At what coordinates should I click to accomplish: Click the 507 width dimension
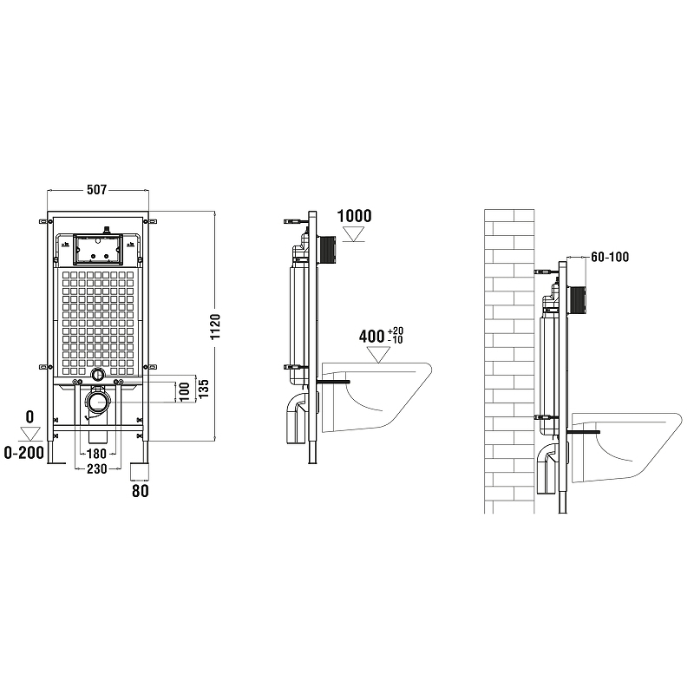tap(96, 190)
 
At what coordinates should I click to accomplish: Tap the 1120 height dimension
tap(215, 327)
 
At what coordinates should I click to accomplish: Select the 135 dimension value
tap(204, 389)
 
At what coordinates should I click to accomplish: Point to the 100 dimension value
tap(185, 392)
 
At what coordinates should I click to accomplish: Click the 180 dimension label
tap(96, 454)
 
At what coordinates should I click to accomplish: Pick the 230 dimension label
tap(96, 468)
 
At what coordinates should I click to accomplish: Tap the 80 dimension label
tap(141, 491)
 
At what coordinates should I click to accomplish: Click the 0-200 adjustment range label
tap(24, 453)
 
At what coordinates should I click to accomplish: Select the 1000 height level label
tap(355, 216)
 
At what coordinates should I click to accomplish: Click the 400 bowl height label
tap(381, 337)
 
